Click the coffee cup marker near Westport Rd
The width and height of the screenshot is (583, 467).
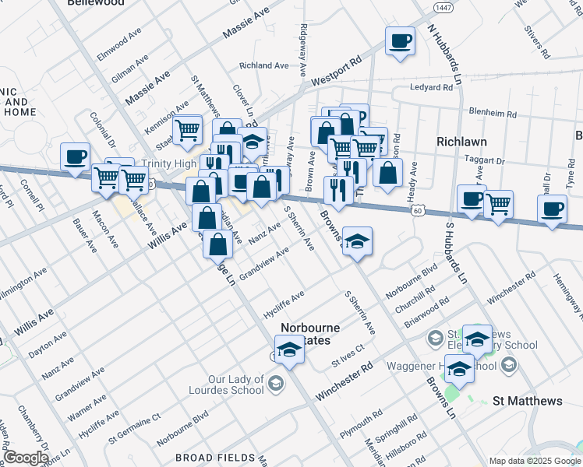[x=400, y=40]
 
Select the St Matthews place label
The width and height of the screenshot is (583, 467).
[x=528, y=401]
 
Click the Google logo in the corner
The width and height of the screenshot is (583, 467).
[x=25, y=458]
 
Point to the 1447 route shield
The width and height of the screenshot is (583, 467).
[x=443, y=7]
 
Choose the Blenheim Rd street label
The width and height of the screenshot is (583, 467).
[x=492, y=114]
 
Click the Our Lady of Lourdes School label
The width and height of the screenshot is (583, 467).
[x=229, y=384]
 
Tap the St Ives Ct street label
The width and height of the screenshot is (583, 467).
[x=347, y=356]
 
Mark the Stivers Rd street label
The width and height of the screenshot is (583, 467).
[x=538, y=43]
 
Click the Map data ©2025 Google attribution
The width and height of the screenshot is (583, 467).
[x=533, y=461]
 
